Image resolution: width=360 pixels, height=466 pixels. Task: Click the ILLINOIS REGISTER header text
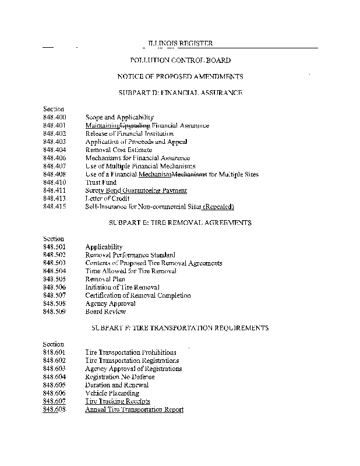(x=180, y=44)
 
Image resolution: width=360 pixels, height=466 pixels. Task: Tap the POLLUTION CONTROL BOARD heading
(x=180, y=60)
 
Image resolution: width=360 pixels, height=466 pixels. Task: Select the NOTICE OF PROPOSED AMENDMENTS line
(x=180, y=76)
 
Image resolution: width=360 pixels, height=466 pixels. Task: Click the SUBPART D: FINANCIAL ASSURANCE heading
(x=180, y=93)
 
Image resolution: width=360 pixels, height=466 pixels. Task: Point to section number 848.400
(x=54, y=117)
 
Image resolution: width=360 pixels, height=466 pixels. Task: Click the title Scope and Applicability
(x=119, y=117)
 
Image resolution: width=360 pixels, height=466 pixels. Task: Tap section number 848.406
(x=54, y=158)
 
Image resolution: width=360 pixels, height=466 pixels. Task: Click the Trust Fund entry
(x=101, y=182)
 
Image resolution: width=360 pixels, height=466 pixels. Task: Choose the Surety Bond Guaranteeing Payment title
(x=136, y=190)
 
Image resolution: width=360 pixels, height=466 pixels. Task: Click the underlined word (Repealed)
(x=218, y=207)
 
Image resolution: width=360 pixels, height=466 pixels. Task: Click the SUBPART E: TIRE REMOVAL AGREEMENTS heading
(x=180, y=223)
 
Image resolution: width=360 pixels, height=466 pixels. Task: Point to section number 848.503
(x=54, y=263)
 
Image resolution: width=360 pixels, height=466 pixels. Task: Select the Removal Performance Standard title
(x=130, y=255)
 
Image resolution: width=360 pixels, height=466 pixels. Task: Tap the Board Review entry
(x=105, y=312)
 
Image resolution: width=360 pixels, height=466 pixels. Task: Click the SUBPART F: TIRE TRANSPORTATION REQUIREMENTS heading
(x=180, y=328)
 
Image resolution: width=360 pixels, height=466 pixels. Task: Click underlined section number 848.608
(x=54, y=409)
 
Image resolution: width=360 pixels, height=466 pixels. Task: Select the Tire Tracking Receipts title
(x=118, y=401)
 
